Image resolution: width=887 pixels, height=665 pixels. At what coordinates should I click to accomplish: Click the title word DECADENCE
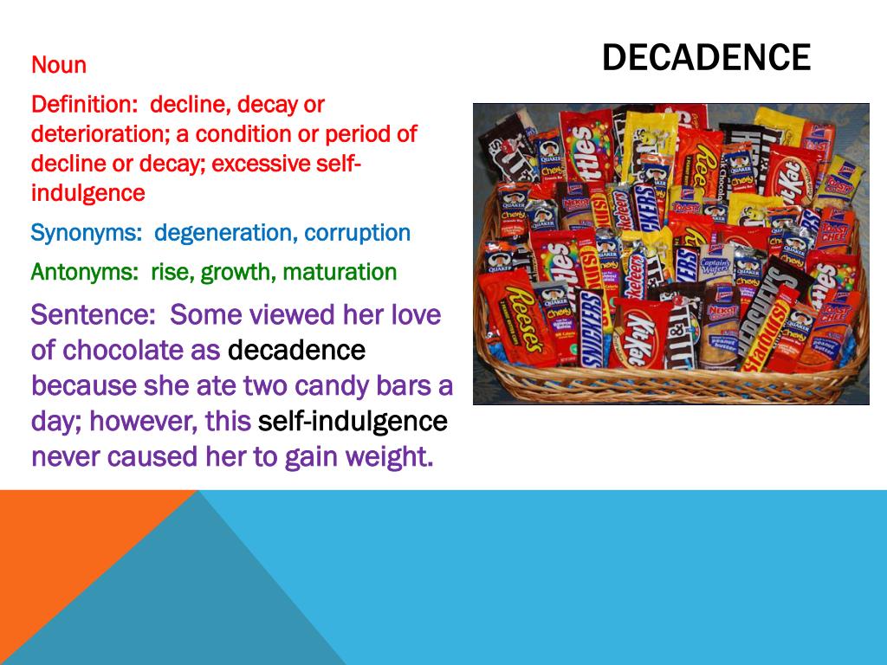(706, 57)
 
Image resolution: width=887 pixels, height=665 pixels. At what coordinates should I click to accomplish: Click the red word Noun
(59, 65)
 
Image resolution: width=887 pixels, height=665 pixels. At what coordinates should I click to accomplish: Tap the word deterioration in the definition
(99, 134)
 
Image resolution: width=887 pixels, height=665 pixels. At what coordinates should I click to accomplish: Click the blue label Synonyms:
(87, 233)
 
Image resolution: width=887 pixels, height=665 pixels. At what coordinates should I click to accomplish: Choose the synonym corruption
(358, 233)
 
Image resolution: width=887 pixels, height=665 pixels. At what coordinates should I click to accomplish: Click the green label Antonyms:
(85, 272)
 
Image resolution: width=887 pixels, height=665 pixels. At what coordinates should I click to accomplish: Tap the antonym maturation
(340, 272)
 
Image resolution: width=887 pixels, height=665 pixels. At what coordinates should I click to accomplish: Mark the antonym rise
(173, 272)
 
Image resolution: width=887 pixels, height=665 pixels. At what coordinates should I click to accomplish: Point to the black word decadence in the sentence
(296, 351)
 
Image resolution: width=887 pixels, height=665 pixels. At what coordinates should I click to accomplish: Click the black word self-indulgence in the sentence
(353, 422)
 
